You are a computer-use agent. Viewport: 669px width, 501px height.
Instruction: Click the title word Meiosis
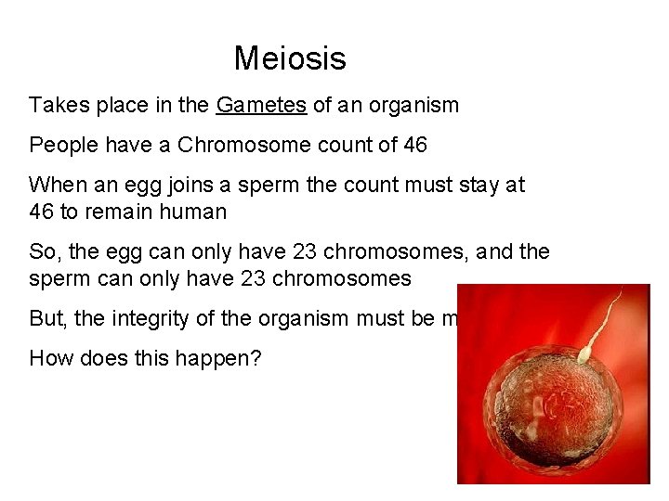coord(290,58)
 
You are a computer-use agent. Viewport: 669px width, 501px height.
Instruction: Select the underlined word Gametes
coord(261,106)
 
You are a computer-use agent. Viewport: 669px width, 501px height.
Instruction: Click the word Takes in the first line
coord(56,106)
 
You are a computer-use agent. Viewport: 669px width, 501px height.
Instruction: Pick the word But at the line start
coord(48,319)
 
